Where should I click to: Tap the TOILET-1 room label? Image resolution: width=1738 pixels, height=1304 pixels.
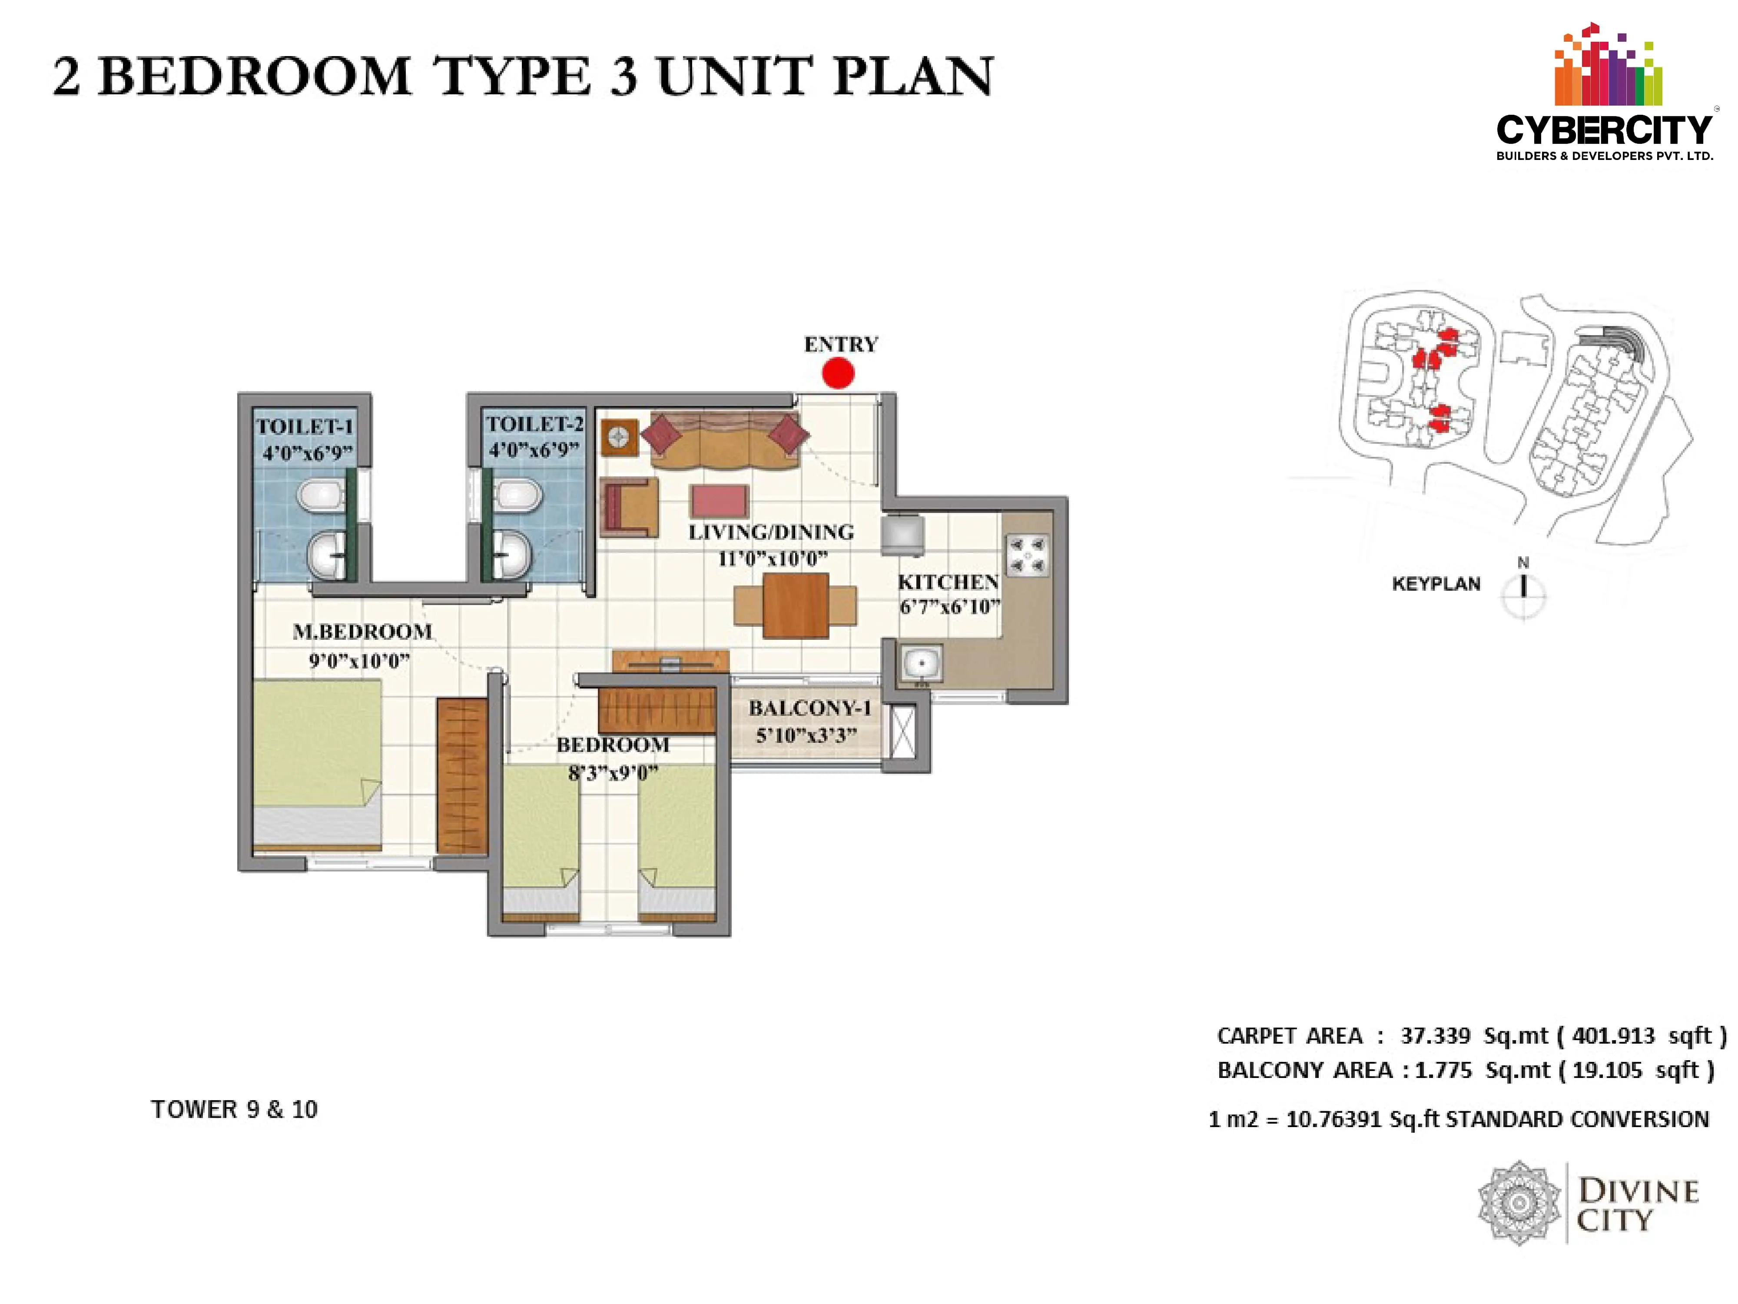click(305, 427)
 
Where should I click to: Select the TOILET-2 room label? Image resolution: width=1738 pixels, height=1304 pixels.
click(534, 424)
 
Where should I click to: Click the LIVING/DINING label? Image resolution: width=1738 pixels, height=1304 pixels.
click(771, 532)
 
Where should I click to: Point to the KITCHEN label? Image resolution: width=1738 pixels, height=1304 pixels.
click(949, 582)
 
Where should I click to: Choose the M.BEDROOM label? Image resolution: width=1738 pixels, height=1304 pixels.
click(362, 631)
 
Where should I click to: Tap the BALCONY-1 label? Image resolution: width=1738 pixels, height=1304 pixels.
click(809, 708)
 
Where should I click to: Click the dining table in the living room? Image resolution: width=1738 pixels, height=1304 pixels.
click(795, 605)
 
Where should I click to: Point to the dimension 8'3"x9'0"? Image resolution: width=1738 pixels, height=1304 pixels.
click(613, 773)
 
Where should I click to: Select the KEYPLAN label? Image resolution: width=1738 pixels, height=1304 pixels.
click(1436, 584)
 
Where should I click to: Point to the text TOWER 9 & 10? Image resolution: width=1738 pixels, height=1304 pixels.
click(234, 1109)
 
